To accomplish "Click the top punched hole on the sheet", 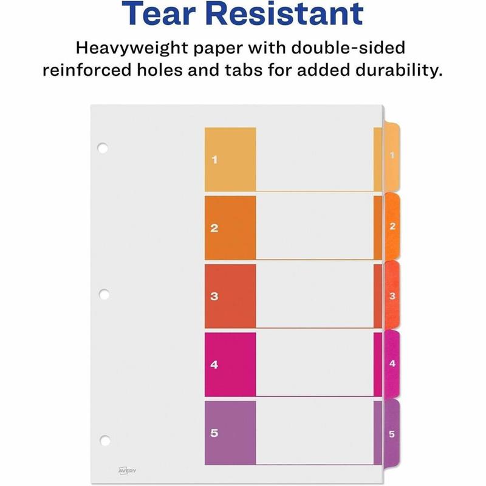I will (x=103, y=148).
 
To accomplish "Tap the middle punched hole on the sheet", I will (x=103, y=294).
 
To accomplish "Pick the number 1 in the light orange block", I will (x=214, y=160).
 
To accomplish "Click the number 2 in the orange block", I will (x=214, y=229).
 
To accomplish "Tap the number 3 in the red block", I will (x=214, y=297).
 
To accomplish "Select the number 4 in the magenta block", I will (x=214, y=365).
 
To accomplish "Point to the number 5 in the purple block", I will (x=214, y=433).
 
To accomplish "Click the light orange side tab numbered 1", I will (x=392, y=157).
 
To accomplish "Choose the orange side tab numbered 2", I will (x=392, y=227).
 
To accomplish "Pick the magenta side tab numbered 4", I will (x=392, y=364).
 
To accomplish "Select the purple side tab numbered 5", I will (x=392, y=434).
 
